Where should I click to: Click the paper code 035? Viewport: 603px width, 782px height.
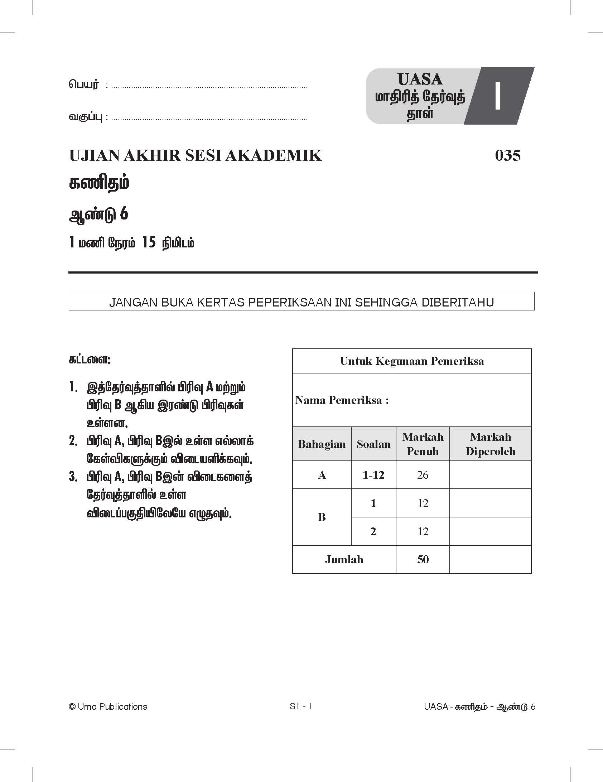[x=507, y=155]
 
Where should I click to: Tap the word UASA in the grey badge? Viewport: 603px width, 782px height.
[x=420, y=79]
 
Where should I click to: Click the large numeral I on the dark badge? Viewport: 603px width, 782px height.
[x=497, y=96]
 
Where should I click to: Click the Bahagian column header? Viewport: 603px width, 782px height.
[x=322, y=444]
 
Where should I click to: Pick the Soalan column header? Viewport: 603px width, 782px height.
[x=373, y=444]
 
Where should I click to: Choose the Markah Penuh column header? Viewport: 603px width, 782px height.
[x=423, y=444]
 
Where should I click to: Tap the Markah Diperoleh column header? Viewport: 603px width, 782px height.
[x=490, y=444]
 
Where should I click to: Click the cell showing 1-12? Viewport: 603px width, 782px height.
[x=373, y=475]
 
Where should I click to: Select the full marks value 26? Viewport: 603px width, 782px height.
[x=423, y=475]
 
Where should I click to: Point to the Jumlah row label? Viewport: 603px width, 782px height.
[x=344, y=559]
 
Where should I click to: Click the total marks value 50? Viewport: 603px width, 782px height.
[x=423, y=559]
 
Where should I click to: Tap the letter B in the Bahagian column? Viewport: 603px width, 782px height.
[x=322, y=517]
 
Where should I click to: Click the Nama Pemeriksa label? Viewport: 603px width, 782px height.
[x=342, y=400]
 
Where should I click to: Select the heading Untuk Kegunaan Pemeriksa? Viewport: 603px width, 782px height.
[x=412, y=361]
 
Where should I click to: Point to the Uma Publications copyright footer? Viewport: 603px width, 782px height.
[x=108, y=706]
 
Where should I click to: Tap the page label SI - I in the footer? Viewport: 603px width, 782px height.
[x=301, y=706]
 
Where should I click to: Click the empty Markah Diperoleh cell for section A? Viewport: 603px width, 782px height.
[x=490, y=475]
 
